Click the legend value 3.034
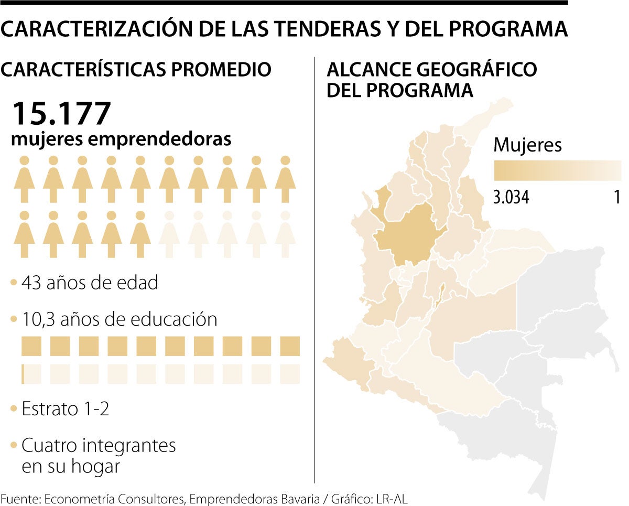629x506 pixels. pos(511,197)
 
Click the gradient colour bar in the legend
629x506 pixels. pos(557,170)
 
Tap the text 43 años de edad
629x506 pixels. pos(90,283)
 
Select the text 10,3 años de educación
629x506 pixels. pos(119,319)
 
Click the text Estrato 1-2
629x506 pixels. pos(66,409)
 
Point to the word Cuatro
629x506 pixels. pos(50,446)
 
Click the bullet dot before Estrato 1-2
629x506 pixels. pos(14,409)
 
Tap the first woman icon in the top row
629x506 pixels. pos(24,179)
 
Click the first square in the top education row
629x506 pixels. pos(31,346)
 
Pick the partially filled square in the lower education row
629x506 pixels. pos(31,374)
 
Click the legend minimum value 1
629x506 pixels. pos(617,197)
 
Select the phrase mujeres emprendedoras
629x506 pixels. pos(121,139)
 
